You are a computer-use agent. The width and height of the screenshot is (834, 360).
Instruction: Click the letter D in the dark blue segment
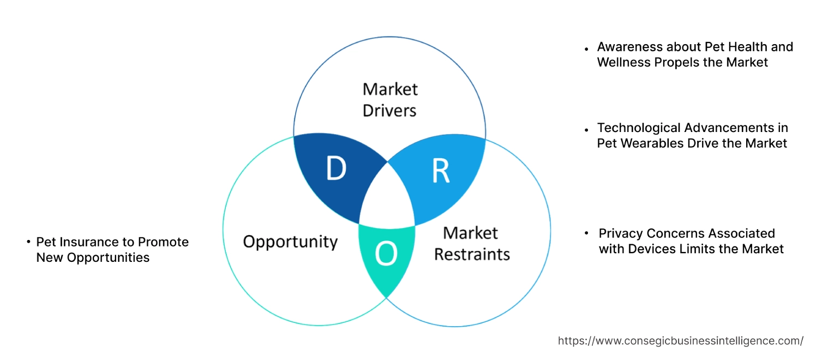(336, 169)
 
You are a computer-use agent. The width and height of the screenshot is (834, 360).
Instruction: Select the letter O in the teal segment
(386, 254)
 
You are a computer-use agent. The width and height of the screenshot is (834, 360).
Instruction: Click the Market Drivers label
(389, 99)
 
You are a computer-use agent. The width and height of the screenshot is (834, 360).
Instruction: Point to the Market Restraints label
(472, 243)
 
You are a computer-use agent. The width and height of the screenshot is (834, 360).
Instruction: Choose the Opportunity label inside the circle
(290, 242)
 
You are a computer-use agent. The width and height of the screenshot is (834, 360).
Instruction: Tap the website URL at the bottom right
(680, 341)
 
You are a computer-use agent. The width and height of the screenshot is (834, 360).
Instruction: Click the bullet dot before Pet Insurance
(28, 242)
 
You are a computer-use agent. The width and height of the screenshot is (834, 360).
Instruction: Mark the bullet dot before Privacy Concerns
(586, 233)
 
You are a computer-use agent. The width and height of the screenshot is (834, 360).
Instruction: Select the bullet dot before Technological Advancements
(586, 130)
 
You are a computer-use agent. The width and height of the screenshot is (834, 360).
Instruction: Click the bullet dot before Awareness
(586, 49)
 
